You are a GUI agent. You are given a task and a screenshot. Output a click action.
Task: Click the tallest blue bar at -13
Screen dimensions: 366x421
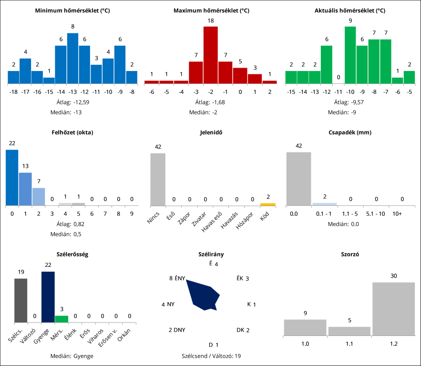72,59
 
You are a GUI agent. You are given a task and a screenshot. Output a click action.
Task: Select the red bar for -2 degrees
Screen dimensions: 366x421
210,55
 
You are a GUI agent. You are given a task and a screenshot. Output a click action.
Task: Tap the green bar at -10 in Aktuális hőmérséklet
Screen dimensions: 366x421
350,55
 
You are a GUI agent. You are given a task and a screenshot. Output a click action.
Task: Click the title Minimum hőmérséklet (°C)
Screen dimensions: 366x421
72,10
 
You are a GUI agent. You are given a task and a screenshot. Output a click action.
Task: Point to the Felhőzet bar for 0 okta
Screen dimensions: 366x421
12,178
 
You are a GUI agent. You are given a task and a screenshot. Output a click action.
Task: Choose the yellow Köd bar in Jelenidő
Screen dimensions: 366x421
267,204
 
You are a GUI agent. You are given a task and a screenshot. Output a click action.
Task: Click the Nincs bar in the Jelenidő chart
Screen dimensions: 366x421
158,180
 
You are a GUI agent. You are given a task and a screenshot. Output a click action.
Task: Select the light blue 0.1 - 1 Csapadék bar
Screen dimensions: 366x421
324,204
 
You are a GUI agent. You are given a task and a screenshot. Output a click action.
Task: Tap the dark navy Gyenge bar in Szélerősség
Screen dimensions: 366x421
48,297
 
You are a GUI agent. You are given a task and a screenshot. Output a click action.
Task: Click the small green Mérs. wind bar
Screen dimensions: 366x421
62,319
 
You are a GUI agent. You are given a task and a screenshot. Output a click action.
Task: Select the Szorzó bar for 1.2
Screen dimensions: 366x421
393,309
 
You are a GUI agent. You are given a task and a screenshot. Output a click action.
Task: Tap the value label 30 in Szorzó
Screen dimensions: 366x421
393,276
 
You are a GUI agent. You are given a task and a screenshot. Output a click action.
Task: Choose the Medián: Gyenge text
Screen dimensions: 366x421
72,356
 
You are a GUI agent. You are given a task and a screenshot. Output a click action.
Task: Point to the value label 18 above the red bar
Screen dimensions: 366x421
210,20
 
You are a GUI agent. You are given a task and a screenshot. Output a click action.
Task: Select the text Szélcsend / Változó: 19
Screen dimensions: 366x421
210,356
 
